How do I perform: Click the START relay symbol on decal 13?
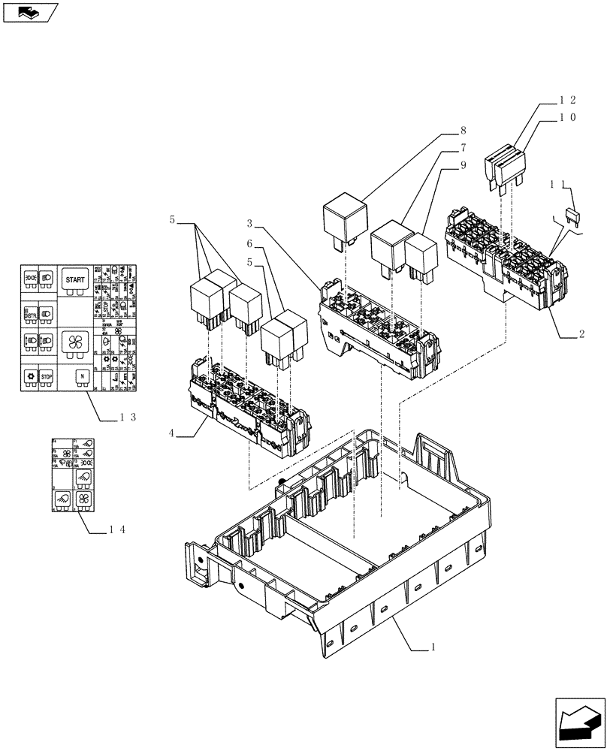[75, 279]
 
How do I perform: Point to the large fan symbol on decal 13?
[75, 342]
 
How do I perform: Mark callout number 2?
[581, 333]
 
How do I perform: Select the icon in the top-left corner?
[30, 11]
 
